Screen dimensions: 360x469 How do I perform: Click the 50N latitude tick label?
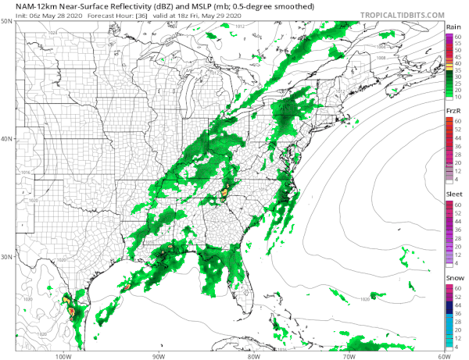7,22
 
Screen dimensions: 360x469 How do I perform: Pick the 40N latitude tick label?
7,140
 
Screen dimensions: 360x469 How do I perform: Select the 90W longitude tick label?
158,355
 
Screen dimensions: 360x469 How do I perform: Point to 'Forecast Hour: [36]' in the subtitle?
86,15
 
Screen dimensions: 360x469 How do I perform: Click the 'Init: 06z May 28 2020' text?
30,15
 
